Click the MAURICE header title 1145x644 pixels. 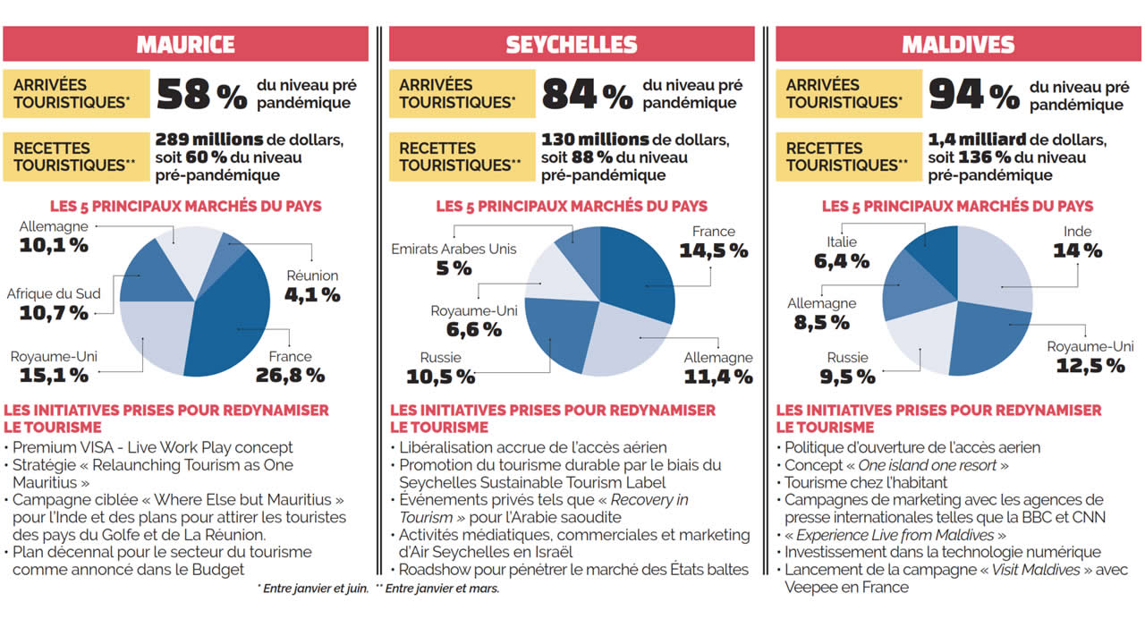coord(185,44)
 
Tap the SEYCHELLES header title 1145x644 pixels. coord(572,44)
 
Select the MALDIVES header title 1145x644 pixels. coord(958,44)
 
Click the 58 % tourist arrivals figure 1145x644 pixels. coord(201,95)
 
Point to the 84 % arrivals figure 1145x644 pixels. coord(587,95)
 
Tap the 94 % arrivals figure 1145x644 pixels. coord(973,95)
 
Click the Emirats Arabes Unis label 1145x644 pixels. coord(454,249)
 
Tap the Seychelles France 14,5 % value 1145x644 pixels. coord(713,250)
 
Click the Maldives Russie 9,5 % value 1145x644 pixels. coord(847,377)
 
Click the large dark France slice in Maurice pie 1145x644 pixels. coord(237,313)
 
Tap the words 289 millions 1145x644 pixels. coord(209,140)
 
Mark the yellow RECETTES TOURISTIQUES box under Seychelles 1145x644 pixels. coord(460,157)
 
